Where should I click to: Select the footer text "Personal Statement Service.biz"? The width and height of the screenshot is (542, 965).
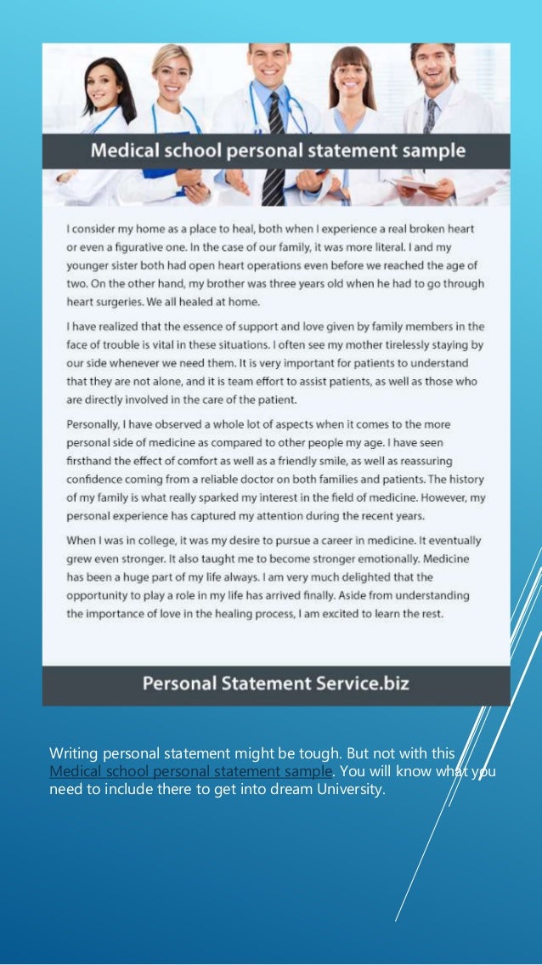[x=275, y=683]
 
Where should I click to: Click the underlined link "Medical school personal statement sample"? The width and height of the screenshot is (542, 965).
[x=191, y=772]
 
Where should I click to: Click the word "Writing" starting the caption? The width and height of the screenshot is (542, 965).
[x=71, y=753]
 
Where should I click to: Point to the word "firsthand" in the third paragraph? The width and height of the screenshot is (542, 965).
[x=91, y=460]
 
